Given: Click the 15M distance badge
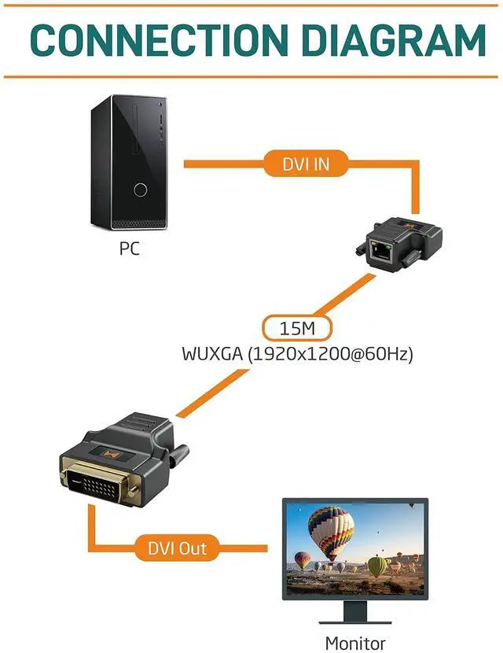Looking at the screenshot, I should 297,326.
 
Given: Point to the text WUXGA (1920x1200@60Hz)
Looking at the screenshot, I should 297,353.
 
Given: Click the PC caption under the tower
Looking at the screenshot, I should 129,249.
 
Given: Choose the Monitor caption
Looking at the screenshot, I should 355,642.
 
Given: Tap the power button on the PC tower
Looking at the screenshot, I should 141,190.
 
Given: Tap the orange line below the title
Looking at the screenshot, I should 251,76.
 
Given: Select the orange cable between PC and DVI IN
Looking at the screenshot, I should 224,164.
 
